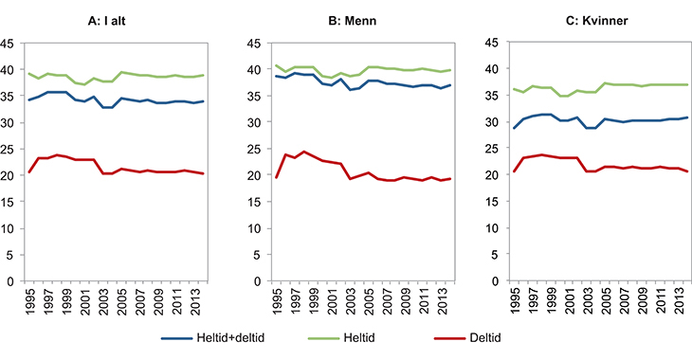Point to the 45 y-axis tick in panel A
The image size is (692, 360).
tap(7, 43)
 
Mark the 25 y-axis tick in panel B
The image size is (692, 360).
tap(238, 149)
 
